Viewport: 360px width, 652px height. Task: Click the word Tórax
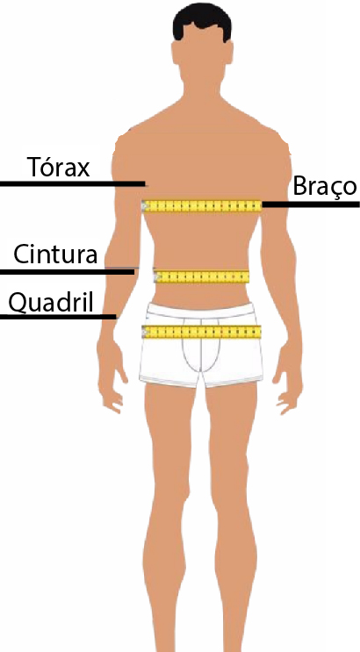pos(58,167)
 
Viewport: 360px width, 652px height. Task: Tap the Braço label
pos(325,186)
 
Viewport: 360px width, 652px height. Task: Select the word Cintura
pos(55,254)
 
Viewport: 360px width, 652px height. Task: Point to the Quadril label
pos(51,302)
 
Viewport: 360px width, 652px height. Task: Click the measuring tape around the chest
pos(202,206)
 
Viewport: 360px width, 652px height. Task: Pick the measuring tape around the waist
pos(201,276)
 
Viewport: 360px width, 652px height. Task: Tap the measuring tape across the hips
pos(201,332)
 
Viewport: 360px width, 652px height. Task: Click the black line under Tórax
pos(72,183)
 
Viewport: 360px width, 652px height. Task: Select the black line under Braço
pos(311,204)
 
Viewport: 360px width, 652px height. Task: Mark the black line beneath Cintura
pos(67,272)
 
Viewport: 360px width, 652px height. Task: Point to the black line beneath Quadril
pos(58,317)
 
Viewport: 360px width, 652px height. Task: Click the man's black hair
pos(202,21)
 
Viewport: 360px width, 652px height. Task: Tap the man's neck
pos(202,85)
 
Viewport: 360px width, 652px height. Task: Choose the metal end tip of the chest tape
pos(144,206)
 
